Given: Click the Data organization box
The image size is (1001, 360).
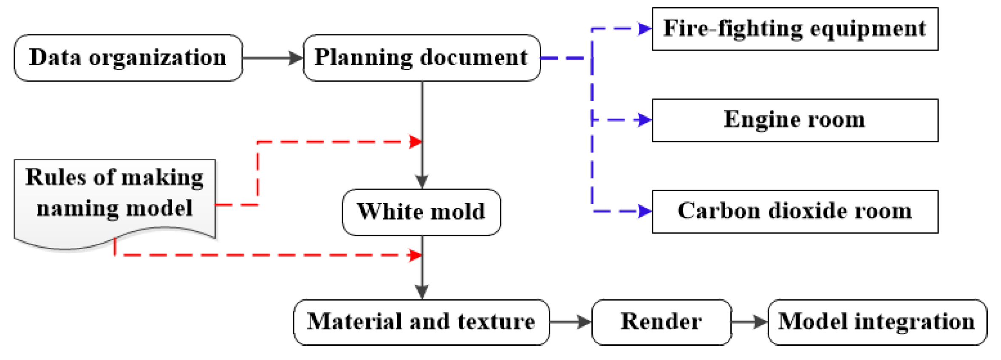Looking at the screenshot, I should (x=128, y=58).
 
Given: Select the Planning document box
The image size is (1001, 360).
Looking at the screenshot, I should (x=421, y=58).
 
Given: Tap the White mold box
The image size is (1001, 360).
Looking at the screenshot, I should (x=421, y=212).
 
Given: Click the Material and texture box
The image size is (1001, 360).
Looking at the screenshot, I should (x=421, y=322).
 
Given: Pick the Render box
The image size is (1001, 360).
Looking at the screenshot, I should (x=661, y=322).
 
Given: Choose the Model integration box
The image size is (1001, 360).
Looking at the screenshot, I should (x=877, y=322).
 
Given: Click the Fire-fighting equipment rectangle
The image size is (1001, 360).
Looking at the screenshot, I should (x=795, y=29).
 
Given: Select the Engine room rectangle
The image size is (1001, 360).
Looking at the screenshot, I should (x=795, y=120).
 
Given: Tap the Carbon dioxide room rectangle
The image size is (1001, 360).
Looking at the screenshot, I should (x=795, y=212).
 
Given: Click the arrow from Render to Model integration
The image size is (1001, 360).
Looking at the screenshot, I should (x=749, y=322).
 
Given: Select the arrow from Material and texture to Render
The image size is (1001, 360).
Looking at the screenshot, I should (x=570, y=322).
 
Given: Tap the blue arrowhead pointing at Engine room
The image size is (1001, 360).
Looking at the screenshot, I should (x=644, y=120).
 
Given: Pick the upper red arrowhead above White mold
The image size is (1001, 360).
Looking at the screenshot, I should (x=415, y=142).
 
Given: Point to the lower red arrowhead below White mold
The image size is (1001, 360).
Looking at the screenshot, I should (x=415, y=255).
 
